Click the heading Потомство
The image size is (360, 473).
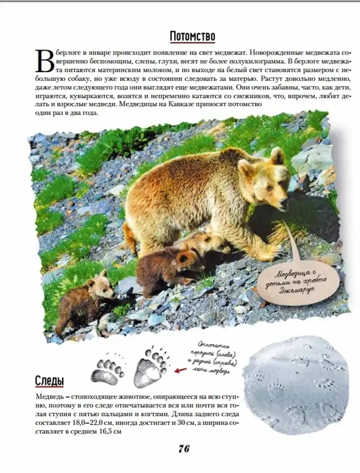tap(192, 37)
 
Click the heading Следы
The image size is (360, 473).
tap(49, 381)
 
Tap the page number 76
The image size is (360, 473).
tap(184, 448)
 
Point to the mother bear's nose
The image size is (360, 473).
tap(284, 204)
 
